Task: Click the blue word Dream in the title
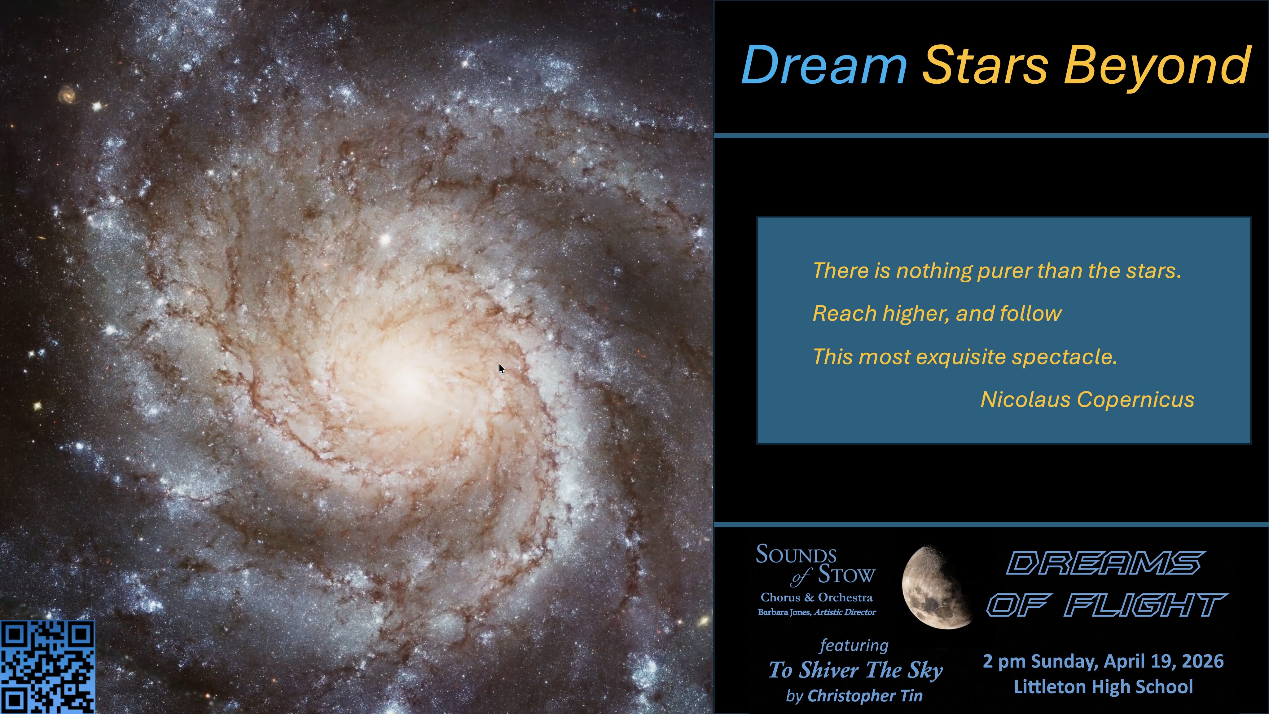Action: point(824,65)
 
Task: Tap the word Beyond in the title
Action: point(1158,68)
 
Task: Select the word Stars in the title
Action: point(985,65)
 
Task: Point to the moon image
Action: point(936,586)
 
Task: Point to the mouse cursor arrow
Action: point(502,368)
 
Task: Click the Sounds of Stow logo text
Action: point(815,565)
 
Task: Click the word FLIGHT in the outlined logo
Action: point(1145,605)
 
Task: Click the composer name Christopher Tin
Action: point(865,696)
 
